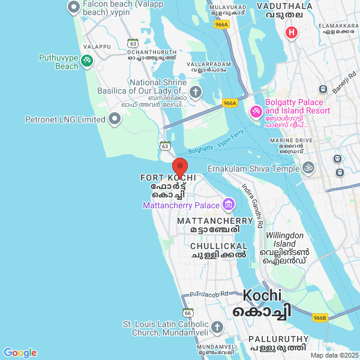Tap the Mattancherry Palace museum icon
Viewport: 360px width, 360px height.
tap(228, 205)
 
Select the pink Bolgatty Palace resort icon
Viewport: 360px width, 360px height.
tap(255, 111)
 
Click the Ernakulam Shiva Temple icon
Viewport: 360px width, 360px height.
tap(308, 168)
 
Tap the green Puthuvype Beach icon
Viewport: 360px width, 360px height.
tap(87, 60)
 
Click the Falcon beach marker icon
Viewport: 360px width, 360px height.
tap(74, 8)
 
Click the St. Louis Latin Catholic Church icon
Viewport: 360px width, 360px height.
tap(217, 328)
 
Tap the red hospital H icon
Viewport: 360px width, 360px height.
tap(292, 32)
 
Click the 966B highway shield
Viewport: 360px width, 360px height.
tap(320, 317)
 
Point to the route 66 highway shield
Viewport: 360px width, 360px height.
tap(188, 313)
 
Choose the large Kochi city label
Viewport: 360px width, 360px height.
tap(262, 295)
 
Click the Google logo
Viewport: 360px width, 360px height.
tap(20, 353)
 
